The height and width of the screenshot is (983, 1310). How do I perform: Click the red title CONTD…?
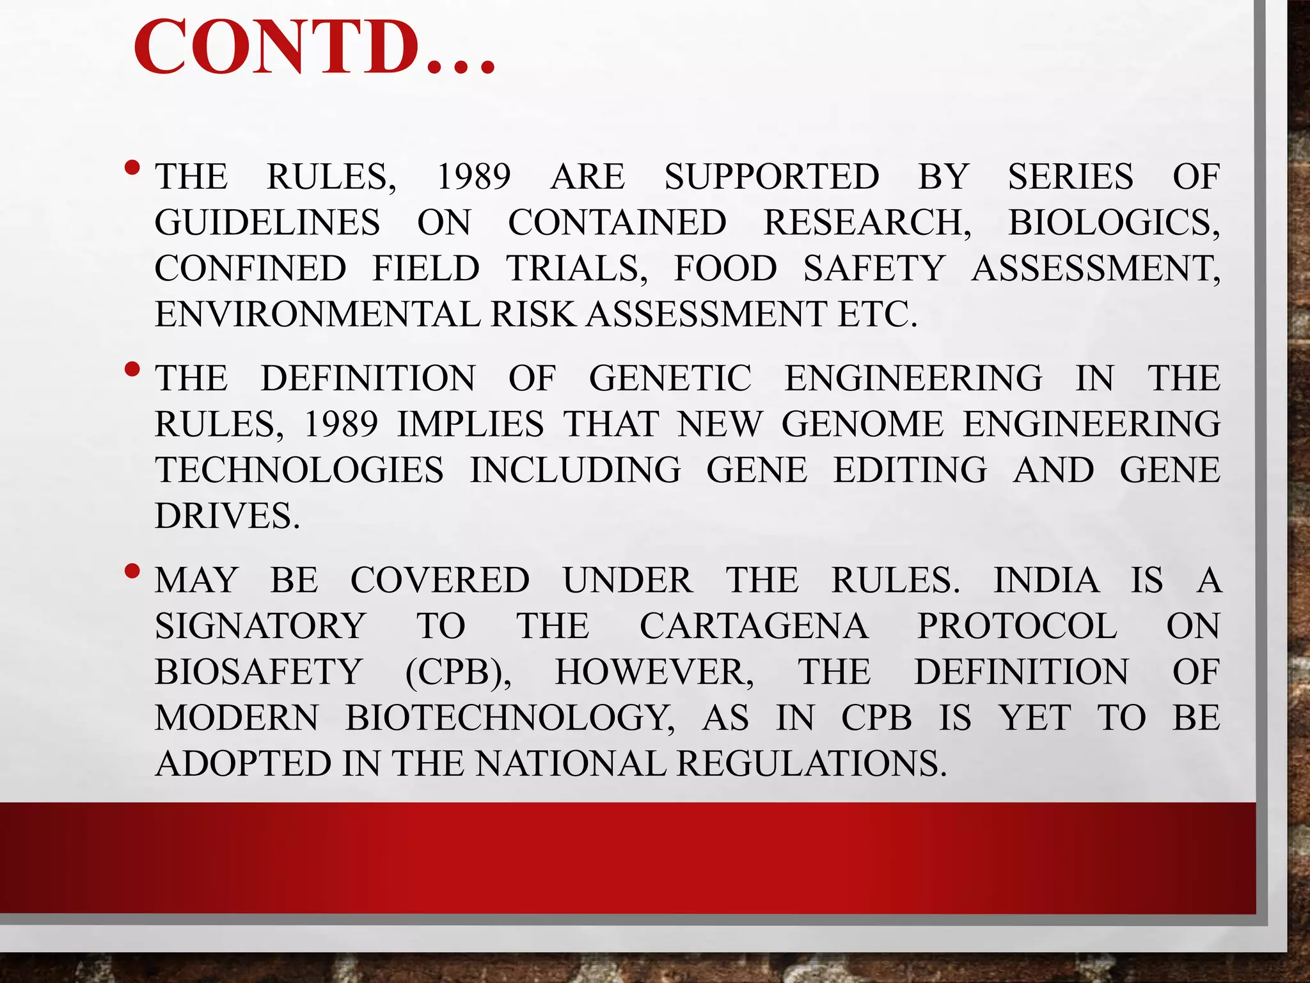(313, 48)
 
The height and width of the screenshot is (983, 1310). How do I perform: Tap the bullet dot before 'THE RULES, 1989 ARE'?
(132, 168)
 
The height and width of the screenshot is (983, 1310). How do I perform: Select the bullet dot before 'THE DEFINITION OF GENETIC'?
(132, 369)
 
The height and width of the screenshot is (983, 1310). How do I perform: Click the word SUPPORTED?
(771, 177)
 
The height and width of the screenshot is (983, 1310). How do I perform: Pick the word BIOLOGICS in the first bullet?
(1114, 223)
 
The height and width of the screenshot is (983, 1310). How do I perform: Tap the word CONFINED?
(250, 268)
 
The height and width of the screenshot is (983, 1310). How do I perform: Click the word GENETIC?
(670, 378)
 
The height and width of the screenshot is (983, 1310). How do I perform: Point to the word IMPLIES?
(470, 424)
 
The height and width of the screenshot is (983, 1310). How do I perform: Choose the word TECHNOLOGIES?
(299, 470)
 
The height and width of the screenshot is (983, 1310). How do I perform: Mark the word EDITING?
(910, 470)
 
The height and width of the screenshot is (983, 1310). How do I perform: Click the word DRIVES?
(227, 516)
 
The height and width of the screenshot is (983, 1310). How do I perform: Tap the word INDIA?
(1046, 580)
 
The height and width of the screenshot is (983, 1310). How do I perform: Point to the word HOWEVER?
(654, 672)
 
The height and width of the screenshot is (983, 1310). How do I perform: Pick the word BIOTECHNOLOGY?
(510, 717)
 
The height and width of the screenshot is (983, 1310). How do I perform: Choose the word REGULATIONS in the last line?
(810, 763)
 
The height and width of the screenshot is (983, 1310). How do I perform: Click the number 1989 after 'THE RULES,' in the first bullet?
(473, 177)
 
